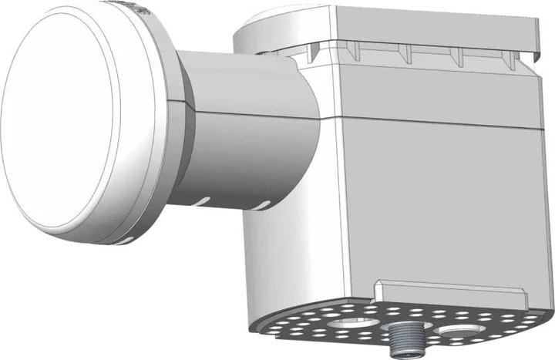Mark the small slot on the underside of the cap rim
(123, 241)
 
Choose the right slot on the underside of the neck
(264, 205)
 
